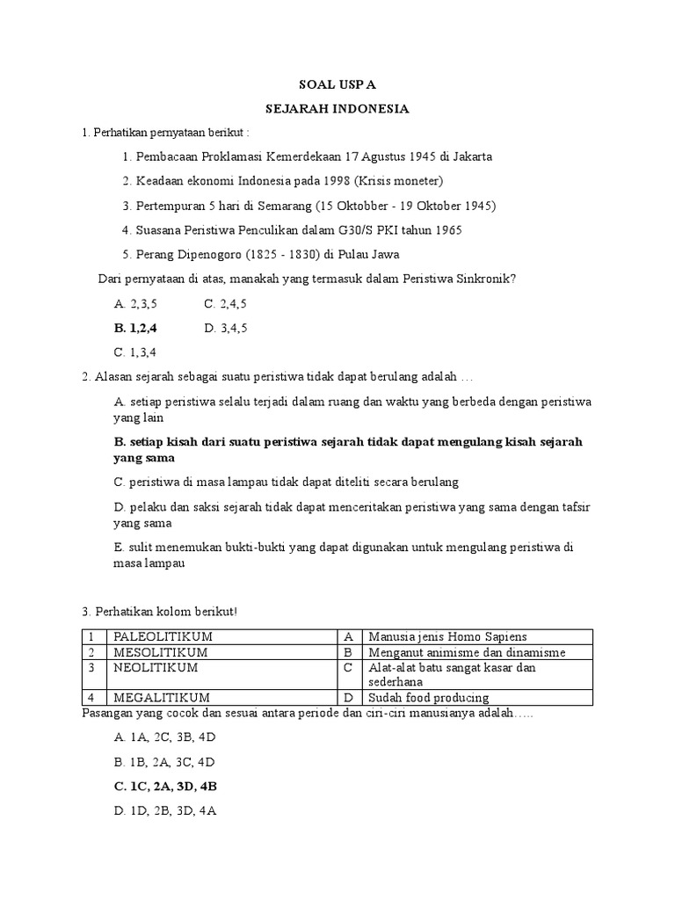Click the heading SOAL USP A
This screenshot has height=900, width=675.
[338, 86]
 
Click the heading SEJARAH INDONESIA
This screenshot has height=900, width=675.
[338, 110]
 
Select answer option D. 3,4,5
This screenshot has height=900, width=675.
[226, 328]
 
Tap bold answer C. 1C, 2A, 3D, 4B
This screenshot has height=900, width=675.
[165, 787]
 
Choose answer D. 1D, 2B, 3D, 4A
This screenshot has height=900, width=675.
[165, 811]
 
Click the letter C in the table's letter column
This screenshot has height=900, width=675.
[348, 667]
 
